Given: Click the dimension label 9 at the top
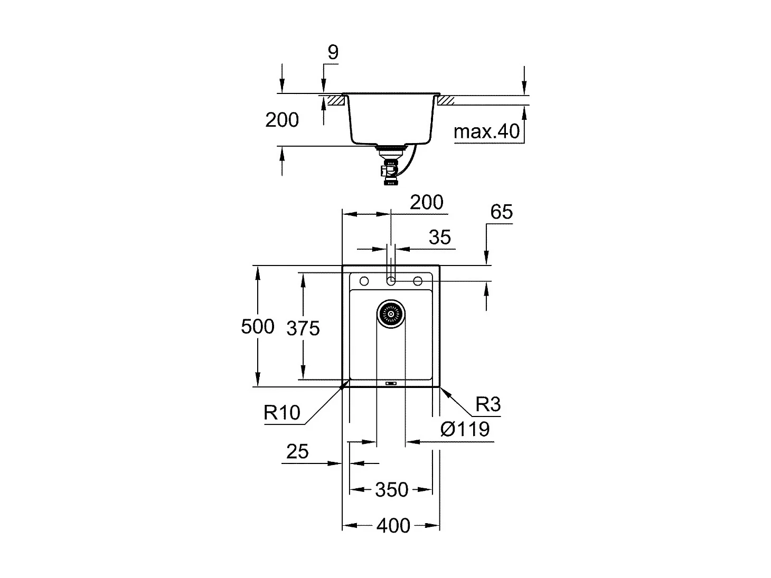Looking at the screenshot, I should [x=333, y=52].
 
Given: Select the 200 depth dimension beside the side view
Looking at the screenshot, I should [x=282, y=120].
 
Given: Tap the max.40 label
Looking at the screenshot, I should [x=486, y=131].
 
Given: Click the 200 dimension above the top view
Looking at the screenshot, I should [x=427, y=202].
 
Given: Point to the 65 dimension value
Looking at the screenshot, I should [x=501, y=212].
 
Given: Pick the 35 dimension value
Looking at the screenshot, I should [x=439, y=238].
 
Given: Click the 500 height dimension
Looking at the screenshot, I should [x=258, y=327].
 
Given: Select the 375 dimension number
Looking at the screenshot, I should [x=303, y=329].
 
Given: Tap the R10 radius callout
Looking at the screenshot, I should [x=282, y=412].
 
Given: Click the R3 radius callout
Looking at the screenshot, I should [x=487, y=404].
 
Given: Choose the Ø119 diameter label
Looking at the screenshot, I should [x=465, y=429].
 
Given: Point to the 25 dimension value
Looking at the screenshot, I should [x=297, y=452].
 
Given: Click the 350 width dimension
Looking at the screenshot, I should [x=391, y=490].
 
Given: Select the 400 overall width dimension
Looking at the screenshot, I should [x=393, y=526].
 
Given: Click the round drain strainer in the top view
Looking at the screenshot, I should [x=391, y=314].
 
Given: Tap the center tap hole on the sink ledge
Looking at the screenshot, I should [x=391, y=280].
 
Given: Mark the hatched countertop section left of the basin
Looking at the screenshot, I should [x=334, y=100].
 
